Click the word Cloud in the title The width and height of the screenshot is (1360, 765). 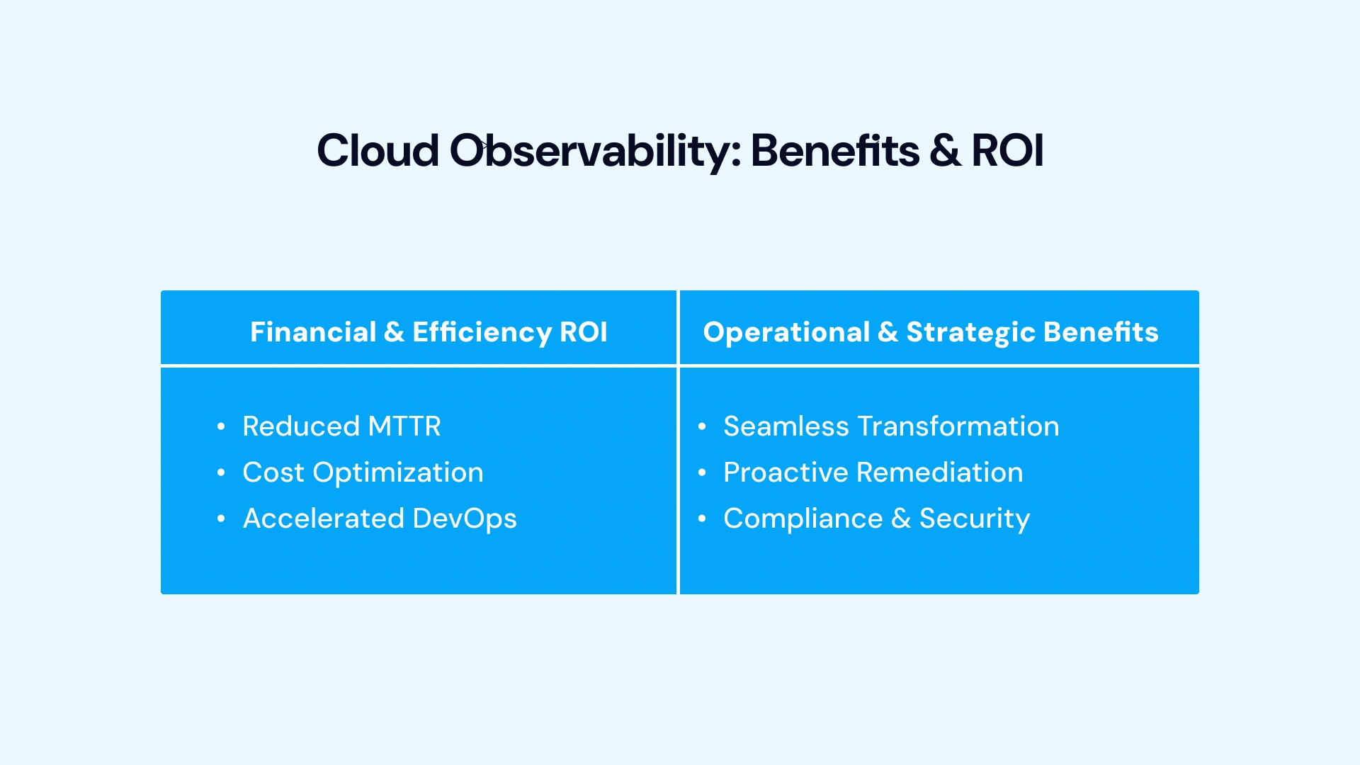click(378, 151)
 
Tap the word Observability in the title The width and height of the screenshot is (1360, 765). click(595, 151)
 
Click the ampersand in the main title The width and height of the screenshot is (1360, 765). click(945, 151)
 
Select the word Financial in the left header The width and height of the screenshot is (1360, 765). click(313, 332)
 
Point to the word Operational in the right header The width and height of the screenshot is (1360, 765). click(786, 332)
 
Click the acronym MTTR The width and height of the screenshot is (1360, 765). click(404, 426)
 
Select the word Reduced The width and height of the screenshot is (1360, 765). click(301, 426)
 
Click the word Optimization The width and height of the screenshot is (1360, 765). click(398, 472)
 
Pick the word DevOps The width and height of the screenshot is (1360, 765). click(465, 518)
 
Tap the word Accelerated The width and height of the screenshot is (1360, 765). click(324, 518)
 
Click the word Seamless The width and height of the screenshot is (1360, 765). click(786, 426)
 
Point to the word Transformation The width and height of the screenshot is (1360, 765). click(958, 426)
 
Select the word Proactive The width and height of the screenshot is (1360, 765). click(786, 472)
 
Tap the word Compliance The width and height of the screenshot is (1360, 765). click(803, 518)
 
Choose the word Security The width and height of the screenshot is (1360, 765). click(974, 518)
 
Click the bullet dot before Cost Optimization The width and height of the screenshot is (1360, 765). click(221, 472)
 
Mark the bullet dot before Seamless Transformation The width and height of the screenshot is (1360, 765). click(702, 426)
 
